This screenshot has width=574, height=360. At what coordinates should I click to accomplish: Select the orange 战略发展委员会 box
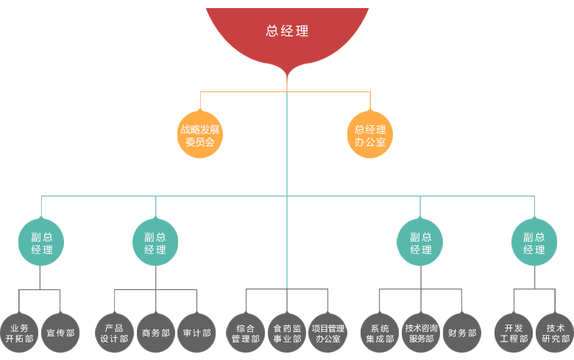tap(200, 134)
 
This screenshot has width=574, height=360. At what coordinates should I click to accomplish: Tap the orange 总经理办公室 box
tap(370, 134)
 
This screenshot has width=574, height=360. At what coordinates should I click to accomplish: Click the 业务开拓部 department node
tap(19, 333)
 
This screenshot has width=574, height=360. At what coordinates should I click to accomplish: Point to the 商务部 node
tap(156, 333)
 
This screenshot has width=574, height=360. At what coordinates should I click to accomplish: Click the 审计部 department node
tap(196, 333)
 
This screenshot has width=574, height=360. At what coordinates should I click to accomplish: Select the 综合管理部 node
tap(246, 333)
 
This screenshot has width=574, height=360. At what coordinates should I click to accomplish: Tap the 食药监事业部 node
tap(287, 333)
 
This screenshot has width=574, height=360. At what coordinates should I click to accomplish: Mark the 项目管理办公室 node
tap(328, 333)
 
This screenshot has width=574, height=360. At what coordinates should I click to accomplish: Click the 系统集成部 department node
tap(380, 333)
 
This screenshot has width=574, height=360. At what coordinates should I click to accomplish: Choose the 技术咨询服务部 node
tap(421, 333)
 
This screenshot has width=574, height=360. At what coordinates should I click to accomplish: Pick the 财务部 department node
tap(462, 333)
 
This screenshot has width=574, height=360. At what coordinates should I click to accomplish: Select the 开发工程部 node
tap(514, 333)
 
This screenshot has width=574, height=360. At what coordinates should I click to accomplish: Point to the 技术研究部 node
tap(556, 333)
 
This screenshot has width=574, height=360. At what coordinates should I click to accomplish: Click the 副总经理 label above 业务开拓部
tap(42, 243)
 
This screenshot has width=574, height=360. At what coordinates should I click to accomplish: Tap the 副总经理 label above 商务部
tap(155, 243)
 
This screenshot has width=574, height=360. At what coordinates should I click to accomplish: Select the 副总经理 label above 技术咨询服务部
tap(421, 243)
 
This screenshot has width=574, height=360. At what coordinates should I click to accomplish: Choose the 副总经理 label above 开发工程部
tap(534, 243)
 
